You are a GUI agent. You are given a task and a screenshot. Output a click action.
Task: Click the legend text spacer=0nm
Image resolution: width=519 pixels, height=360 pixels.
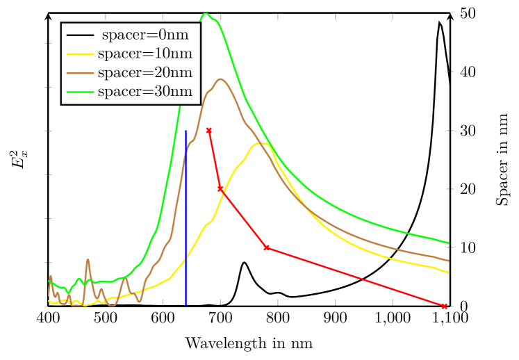coord(145,35)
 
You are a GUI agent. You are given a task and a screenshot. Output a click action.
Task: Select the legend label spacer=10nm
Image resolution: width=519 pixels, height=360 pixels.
coord(145,54)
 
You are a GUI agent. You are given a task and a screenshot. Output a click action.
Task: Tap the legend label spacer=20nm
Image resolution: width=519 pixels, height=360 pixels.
coord(145,72)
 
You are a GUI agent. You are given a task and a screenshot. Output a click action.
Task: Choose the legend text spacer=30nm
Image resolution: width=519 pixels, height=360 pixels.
coord(145,92)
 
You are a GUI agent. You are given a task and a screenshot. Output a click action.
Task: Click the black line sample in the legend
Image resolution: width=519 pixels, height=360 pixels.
coord(80,35)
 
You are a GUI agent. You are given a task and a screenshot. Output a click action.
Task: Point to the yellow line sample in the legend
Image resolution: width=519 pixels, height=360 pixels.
coord(80,54)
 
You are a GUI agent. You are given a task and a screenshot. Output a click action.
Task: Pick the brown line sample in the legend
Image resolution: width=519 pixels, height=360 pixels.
coord(80,72)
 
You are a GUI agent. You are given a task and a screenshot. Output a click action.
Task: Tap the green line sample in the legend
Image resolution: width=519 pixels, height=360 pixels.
coord(80,92)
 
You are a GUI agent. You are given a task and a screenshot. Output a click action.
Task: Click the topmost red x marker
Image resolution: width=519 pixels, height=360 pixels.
coord(209,130)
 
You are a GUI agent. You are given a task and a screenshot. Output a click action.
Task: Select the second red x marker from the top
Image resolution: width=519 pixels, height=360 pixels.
coord(220,189)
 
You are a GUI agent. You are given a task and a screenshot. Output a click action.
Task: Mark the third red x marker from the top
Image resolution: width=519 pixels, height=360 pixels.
coord(266,247)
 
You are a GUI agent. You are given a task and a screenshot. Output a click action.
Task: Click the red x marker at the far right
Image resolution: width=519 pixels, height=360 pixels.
coord(444,306)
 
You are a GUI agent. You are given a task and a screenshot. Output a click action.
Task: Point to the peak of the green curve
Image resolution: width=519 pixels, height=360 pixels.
coord(205,13)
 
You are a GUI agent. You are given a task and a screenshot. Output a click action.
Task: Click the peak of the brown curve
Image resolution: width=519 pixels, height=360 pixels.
coord(220,79)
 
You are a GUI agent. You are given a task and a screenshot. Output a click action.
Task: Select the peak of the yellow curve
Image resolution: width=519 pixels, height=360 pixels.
coord(260,143)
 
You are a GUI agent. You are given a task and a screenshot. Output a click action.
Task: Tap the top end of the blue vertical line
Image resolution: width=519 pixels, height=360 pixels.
coord(186,131)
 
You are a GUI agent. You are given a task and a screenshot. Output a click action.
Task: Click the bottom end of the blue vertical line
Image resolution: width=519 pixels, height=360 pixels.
coord(186,305)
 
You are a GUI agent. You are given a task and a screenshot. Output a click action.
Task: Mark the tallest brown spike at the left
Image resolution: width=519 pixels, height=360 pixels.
coord(88,260)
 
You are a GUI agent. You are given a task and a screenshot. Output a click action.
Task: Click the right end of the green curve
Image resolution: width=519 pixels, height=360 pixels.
coord(449,243)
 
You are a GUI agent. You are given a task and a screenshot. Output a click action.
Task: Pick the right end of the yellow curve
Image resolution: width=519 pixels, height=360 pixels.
coord(449,272)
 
